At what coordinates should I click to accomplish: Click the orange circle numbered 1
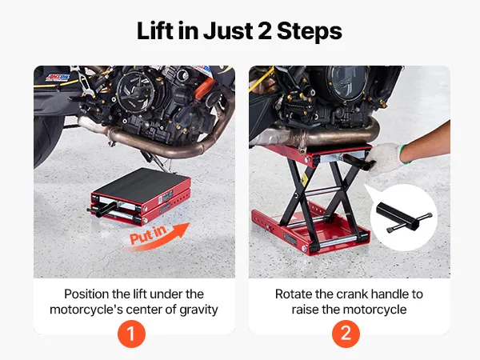131,334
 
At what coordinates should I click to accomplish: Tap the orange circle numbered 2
346,334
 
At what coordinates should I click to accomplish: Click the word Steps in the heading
309,31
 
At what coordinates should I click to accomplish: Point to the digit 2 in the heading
264,31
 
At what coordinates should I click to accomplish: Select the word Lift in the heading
155,30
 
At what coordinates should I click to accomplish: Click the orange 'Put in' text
148,234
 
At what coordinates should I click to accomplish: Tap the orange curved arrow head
182,230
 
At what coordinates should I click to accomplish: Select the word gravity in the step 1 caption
198,310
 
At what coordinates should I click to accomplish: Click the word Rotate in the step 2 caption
294,294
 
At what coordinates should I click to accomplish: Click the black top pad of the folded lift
141,182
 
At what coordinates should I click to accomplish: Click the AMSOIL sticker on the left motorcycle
58,77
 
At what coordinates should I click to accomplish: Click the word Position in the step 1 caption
87,294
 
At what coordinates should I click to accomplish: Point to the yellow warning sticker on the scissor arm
305,178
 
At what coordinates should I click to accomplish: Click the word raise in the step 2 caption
306,310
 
